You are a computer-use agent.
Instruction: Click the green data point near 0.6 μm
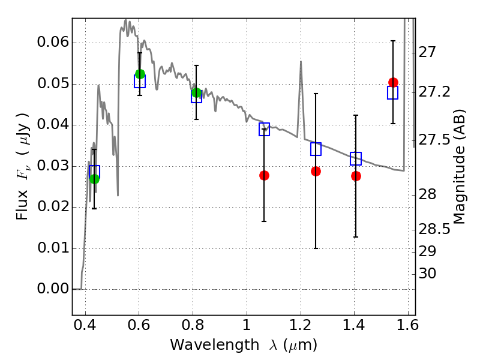140,74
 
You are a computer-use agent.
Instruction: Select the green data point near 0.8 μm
196,92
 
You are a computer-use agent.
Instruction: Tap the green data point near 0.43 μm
94,179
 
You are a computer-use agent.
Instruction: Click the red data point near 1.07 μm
264,175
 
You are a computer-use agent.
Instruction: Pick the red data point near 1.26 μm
316,171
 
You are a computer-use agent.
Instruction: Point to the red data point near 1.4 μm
356,176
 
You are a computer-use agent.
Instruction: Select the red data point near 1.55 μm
393,82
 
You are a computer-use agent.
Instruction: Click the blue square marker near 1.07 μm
264,129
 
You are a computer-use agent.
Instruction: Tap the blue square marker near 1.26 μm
316,149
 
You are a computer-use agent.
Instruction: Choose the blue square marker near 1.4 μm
356,159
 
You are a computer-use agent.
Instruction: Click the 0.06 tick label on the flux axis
52,43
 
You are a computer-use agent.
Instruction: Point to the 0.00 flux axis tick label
52,289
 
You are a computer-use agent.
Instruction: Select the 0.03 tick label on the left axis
52,166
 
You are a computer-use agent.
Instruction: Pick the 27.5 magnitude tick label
435,140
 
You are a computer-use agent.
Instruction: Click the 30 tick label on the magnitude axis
428,274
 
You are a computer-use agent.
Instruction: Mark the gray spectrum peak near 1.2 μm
300,61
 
